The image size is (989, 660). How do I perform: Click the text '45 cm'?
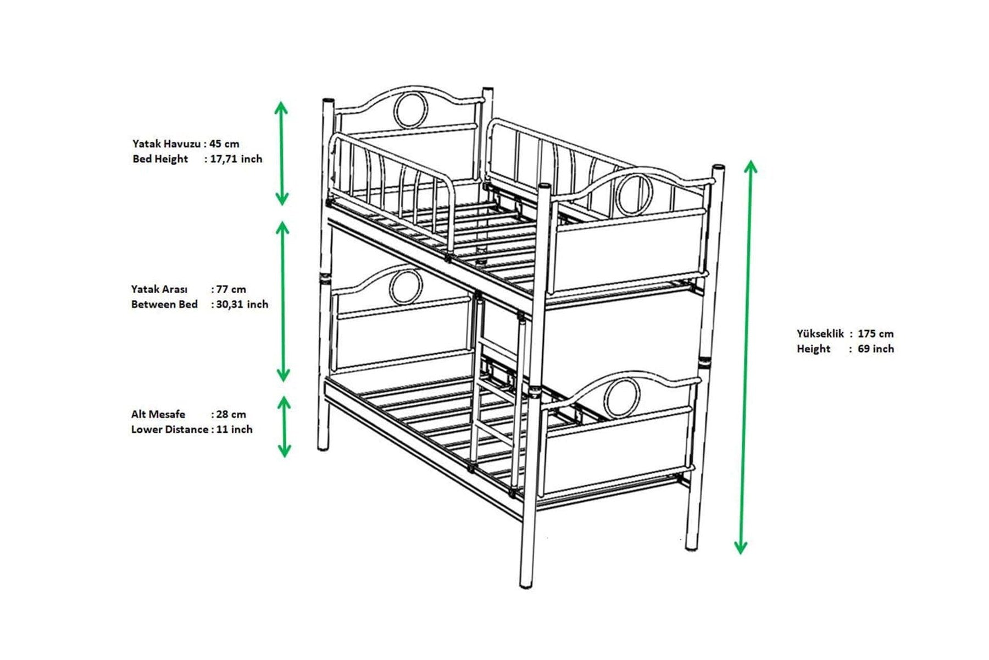[224, 144]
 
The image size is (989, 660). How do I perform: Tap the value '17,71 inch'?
[236, 159]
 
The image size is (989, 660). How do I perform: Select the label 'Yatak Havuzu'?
[166, 144]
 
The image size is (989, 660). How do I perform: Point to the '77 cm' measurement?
[231, 289]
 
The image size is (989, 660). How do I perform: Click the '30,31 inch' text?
[242, 304]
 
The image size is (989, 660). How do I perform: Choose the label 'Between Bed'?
[164, 304]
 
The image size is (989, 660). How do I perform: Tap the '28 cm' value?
[231, 414]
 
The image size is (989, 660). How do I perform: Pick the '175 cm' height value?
[875, 333]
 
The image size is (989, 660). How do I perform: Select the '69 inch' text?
[875, 349]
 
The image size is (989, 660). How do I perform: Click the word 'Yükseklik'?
[820, 333]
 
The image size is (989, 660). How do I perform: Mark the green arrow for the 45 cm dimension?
[281, 153]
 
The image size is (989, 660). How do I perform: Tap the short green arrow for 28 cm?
[284, 427]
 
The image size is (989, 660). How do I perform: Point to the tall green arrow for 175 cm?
[746, 357]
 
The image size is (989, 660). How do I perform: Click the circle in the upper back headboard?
[410, 111]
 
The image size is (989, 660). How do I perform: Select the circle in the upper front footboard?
[633, 194]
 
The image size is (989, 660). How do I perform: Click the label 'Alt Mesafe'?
[158, 414]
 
